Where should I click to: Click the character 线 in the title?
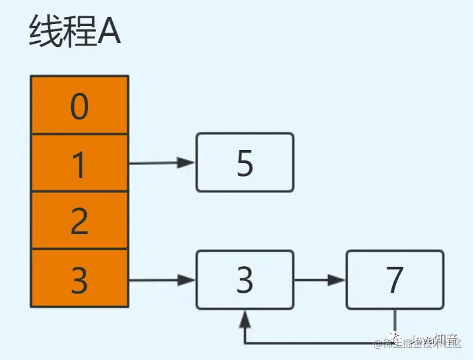point(44,32)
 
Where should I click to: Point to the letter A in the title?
point(109,33)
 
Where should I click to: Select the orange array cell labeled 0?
point(79,106)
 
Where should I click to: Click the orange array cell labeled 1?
point(79,163)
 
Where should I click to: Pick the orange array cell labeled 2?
point(79,220)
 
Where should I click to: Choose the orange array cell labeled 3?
point(79,278)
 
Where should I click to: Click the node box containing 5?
point(245,162)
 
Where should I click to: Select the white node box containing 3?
point(245,280)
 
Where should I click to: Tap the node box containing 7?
point(395,280)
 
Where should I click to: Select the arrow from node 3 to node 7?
point(320,280)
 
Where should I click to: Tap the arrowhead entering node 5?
point(188,163)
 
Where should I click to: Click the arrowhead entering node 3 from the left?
point(188,280)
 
